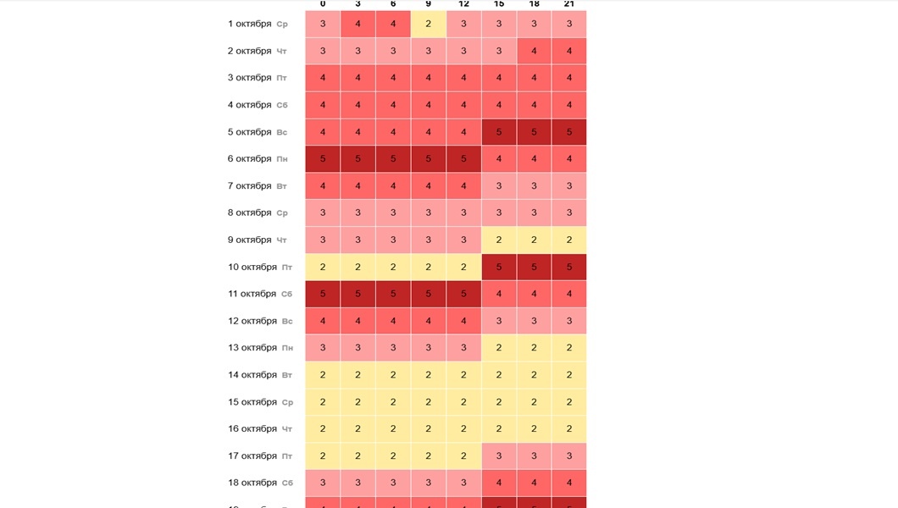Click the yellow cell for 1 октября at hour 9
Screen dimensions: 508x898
click(428, 24)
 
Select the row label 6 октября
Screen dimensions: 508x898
click(249, 159)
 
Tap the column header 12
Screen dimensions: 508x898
click(463, 4)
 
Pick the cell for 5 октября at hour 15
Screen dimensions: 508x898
click(498, 132)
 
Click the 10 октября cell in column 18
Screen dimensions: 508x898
click(534, 267)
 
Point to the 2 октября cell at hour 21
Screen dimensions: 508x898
click(568, 51)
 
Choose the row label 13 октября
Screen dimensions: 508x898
click(252, 348)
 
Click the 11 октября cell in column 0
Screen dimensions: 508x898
click(323, 294)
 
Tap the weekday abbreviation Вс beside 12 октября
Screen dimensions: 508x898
click(287, 321)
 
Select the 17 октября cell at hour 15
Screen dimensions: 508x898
click(498, 456)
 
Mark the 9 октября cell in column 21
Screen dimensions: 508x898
click(568, 240)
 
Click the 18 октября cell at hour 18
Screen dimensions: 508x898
click(534, 483)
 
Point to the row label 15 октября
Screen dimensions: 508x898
click(252, 402)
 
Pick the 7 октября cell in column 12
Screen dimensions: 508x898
click(463, 185)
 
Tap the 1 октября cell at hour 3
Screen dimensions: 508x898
click(358, 24)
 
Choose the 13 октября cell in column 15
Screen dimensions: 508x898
click(498, 348)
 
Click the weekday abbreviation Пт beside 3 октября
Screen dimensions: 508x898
click(282, 78)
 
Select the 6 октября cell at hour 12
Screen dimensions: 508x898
click(463, 159)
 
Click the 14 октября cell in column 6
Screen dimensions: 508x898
click(393, 375)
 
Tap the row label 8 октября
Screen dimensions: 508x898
click(249, 213)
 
